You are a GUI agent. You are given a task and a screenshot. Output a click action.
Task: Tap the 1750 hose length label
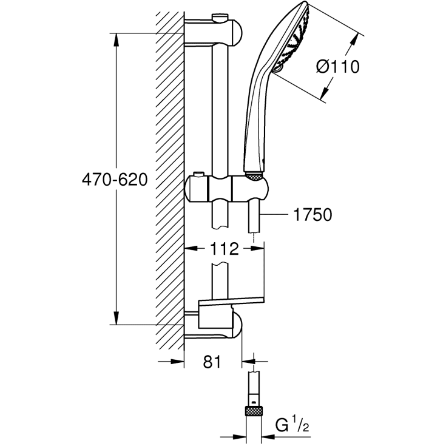pyautogui.click(x=312, y=215)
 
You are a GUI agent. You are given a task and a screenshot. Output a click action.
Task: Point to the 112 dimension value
pyautogui.click(x=220, y=248)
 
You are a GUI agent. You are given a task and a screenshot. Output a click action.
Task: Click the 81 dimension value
pyautogui.click(x=211, y=362)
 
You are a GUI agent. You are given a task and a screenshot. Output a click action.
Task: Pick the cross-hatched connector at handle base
pyautogui.click(x=254, y=176)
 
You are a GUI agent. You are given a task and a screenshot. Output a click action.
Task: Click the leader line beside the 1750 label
pyautogui.click(x=276, y=215)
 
